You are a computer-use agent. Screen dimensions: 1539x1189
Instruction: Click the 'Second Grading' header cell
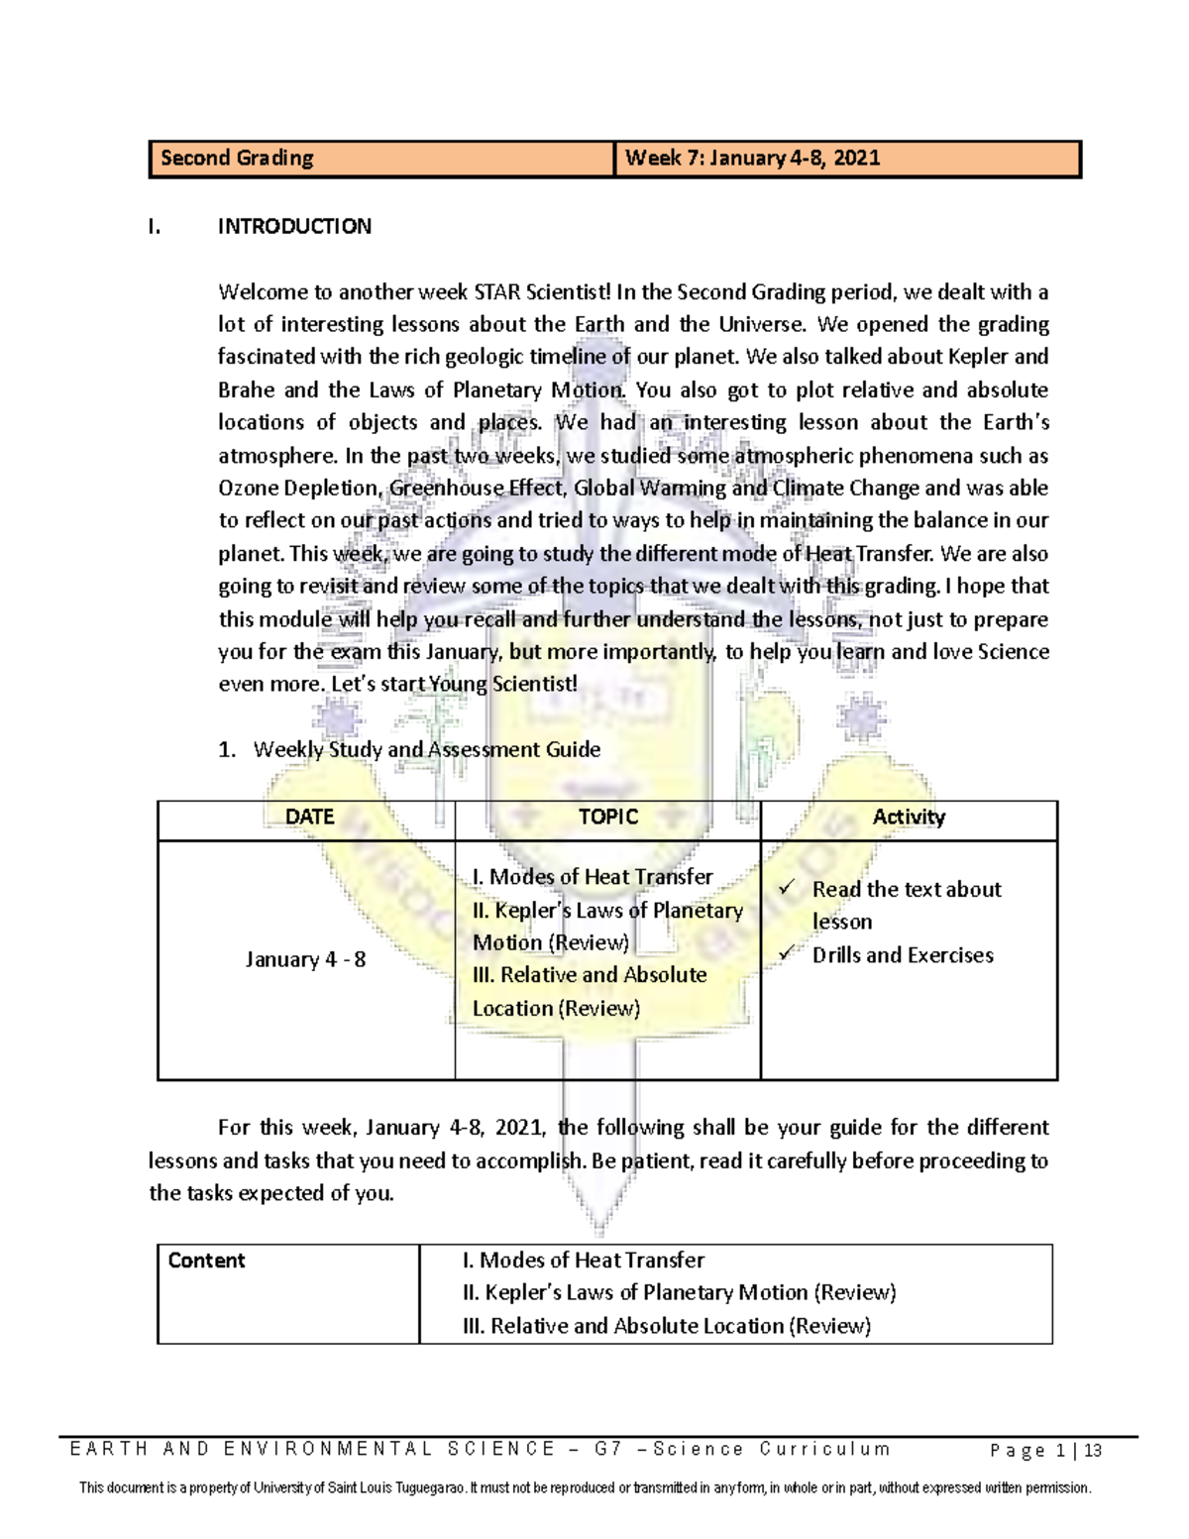(x=237, y=159)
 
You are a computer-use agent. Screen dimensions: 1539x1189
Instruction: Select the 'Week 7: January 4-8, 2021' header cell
(x=753, y=159)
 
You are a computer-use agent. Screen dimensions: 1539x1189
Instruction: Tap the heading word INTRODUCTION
(x=294, y=227)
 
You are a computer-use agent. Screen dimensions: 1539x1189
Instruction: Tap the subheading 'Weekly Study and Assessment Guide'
(x=426, y=750)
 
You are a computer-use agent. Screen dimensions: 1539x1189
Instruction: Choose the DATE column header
(x=309, y=818)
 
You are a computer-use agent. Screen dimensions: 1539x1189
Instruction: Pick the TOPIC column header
(x=607, y=818)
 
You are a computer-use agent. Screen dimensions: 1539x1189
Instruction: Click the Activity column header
(x=909, y=818)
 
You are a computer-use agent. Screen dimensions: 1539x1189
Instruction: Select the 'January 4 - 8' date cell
(x=305, y=960)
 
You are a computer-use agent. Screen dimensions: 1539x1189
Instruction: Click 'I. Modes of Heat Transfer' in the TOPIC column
(x=593, y=877)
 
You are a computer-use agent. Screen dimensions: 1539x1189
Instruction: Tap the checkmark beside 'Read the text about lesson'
(x=788, y=888)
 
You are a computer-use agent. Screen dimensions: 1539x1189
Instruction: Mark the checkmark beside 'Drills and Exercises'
(x=788, y=953)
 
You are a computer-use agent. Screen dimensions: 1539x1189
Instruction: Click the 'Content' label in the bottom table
(x=206, y=1261)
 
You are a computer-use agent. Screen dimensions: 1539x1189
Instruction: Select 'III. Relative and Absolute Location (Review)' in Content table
(x=666, y=1326)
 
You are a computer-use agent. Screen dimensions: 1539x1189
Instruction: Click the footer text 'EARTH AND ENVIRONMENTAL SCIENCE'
(x=312, y=1450)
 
